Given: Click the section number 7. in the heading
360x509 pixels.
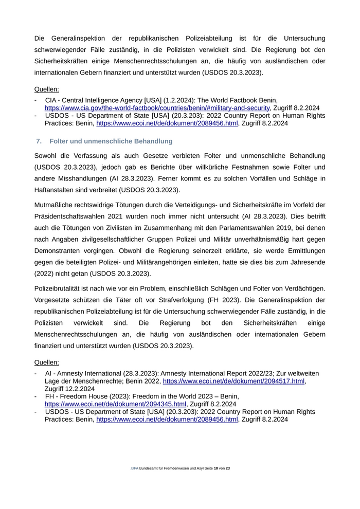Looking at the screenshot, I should point(39,141).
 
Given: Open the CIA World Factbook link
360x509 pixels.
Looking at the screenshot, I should point(157,108).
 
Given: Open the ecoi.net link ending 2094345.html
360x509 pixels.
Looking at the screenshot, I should point(115,404).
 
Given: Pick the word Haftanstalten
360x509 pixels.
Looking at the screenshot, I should point(58,190).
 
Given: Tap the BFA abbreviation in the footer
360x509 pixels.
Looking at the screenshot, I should point(135,469).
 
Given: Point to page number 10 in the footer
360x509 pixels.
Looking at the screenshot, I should point(217,469).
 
